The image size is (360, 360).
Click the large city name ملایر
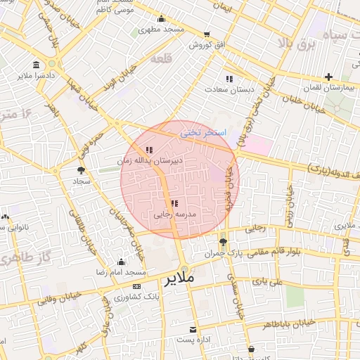click(x=181, y=280)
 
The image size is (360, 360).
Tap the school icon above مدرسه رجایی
click(x=174, y=203)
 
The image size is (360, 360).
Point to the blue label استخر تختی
click(x=204, y=132)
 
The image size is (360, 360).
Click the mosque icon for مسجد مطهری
click(x=162, y=19)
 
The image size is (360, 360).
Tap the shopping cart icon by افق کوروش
click(x=206, y=34)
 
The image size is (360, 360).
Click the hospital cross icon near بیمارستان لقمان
click(x=328, y=77)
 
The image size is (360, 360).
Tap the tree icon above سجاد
click(x=82, y=170)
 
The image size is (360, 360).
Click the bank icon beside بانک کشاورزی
click(x=136, y=286)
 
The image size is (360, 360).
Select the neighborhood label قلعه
click(x=162, y=60)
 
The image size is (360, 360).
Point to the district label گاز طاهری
click(x=27, y=259)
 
